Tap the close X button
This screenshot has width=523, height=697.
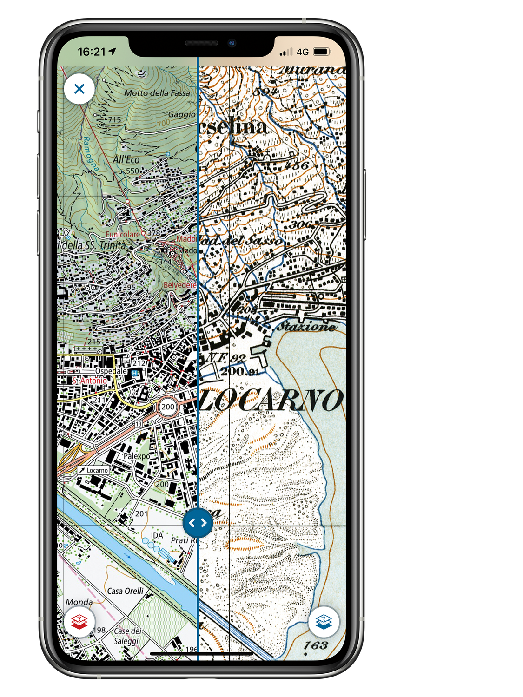coord(79,89)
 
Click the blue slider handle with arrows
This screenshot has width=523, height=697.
coord(198,523)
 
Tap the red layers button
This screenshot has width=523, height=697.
coord(80,621)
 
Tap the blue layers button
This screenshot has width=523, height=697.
coord(324,621)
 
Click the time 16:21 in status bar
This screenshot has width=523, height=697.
coord(92,52)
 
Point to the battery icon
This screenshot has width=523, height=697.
coord(322,52)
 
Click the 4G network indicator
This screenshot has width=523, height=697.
coord(303,52)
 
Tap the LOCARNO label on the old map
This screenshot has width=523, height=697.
coord(272,400)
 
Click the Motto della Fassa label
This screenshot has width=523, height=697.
coord(157,93)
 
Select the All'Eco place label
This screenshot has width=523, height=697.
coord(126,159)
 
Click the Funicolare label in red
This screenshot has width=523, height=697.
coord(123,234)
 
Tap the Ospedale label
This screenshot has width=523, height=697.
coord(111,371)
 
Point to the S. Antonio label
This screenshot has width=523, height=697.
coord(90,381)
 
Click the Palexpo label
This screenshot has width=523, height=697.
coord(137,456)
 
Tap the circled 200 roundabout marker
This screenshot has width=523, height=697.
coord(168,407)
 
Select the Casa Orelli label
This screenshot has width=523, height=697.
coord(126,591)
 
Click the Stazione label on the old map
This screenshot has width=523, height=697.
coord(306,326)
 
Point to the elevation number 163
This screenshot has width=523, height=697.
coord(316,645)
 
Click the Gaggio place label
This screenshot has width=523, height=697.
coord(182,114)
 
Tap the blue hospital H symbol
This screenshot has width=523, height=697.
coord(135,373)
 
